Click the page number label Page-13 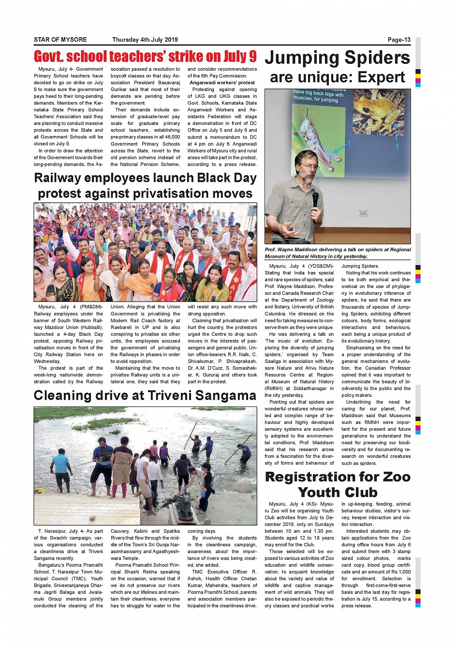[398, 40]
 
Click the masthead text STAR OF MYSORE [60, 40]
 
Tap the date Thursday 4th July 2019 [145, 40]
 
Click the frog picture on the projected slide [379, 112]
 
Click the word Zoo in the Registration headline [396, 477]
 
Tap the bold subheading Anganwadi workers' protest [222, 83]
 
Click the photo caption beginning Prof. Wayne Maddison [338, 253]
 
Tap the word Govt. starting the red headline [48, 57]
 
